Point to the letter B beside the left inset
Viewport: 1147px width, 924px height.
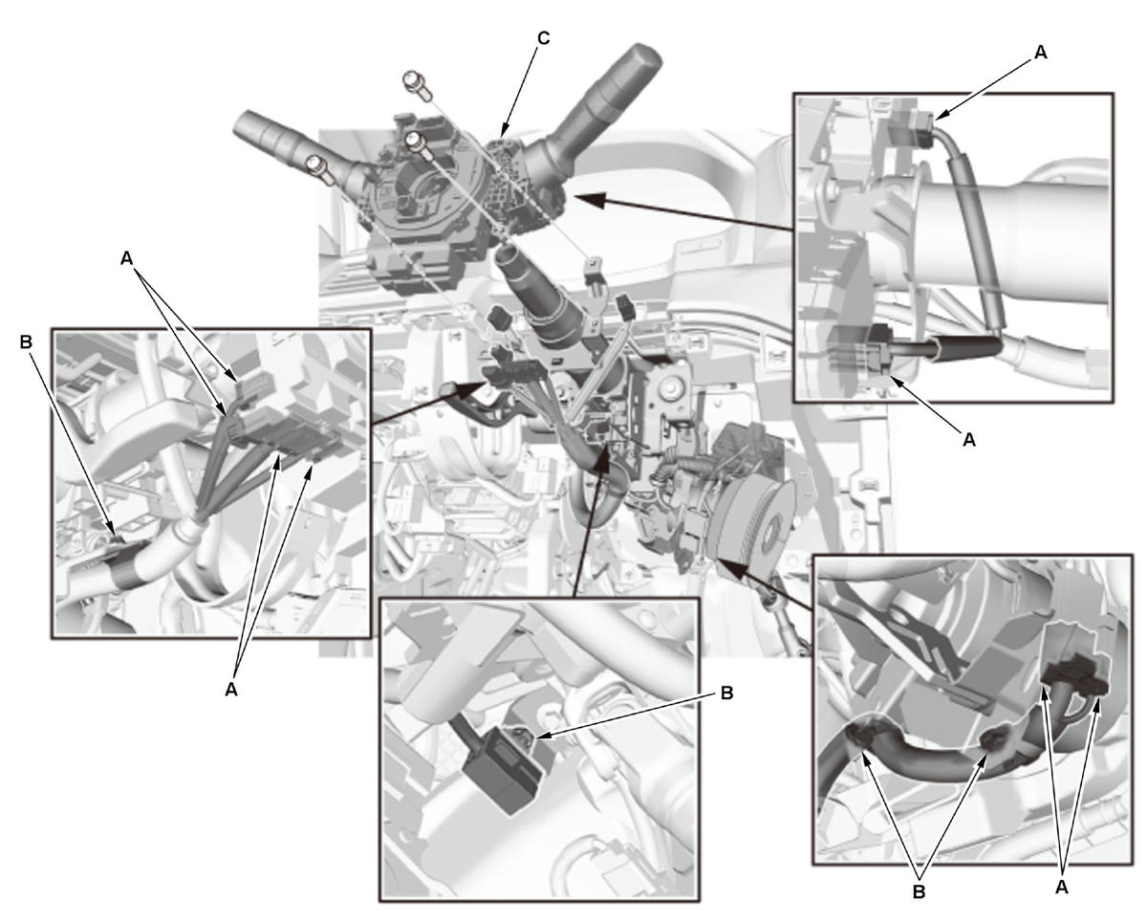pyautogui.click(x=25, y=341)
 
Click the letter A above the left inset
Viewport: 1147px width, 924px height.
pyautogui.click(x=127, y=257)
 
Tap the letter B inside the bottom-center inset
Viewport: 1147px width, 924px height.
pyautogui.click(x=726, y=693)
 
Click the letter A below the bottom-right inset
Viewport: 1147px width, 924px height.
pyautogui.click(x=1061, y=886)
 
